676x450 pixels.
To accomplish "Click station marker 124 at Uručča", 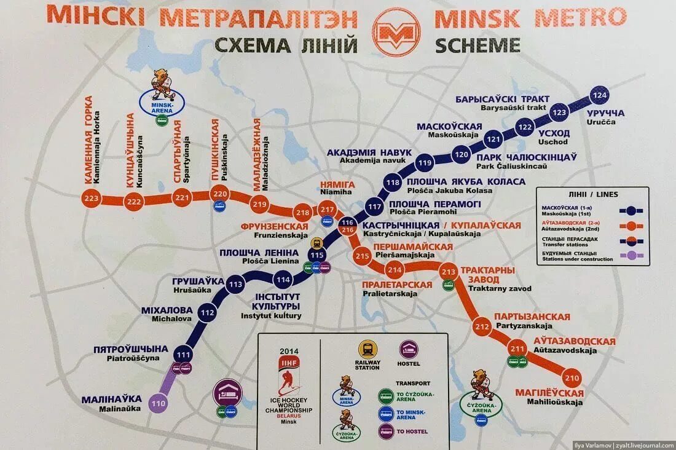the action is (x=599, y=95).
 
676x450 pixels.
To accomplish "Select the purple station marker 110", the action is (x=159, y=404).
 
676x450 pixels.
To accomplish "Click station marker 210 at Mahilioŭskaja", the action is (x=572, y=377).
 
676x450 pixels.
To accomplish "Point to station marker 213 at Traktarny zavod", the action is (x=449, y=271).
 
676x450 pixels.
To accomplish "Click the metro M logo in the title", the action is (x=396, y=29).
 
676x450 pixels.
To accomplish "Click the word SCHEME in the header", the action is (x=478, y=45).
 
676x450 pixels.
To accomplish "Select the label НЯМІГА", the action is (x=336, y=183).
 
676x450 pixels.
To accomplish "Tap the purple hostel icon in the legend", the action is (x=409, y=349).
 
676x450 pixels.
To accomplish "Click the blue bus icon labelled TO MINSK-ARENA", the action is (x=386, y=413).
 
